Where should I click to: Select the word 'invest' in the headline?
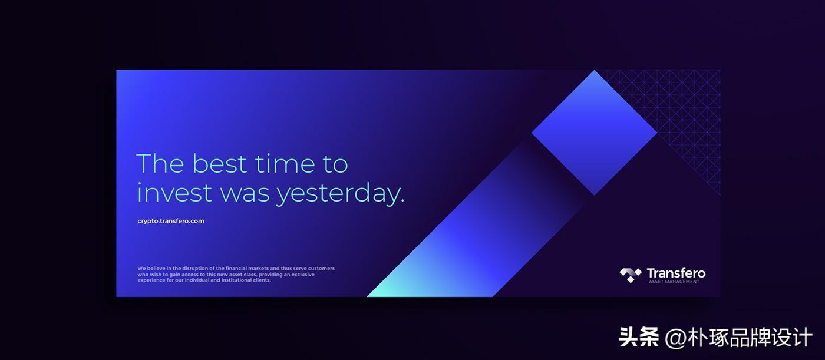(x=174, y=193)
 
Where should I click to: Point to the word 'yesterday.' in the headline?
(x=341, y=194)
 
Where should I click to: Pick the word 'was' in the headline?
(x=245, y=194)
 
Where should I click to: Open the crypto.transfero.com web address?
(x=170, y=221)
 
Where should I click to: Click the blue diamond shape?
(x=594, y=133)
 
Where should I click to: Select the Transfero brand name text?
(x=676, y=273)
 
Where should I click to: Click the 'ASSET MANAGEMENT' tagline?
(x=674, y=282)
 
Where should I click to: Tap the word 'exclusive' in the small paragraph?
(x=303, y=274)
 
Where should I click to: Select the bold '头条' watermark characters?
(x=639, y=337)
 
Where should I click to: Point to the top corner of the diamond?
(x=594, y=70)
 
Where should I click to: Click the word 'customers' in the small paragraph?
(x=321, y=268)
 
